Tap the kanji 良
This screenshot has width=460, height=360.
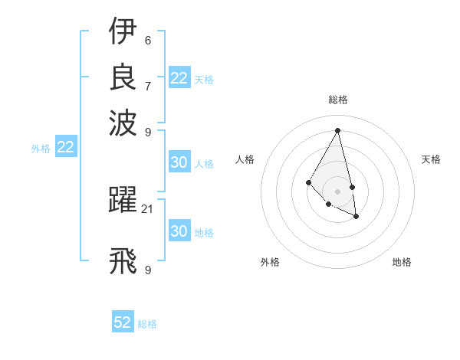click(x=123, y=77)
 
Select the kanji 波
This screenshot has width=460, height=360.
click(x=123, y=122)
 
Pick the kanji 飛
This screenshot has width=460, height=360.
click(x=123, y=260)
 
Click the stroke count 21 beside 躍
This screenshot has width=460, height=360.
click(x=148, y=208)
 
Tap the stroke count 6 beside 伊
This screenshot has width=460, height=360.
click(x=147, y=40)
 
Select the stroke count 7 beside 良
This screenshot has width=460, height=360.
click(x=147, y=86)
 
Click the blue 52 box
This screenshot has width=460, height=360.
click(x=123, y=322)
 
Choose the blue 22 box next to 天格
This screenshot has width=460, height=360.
click(x=179, y=78)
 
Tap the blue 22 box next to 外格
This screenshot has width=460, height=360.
click(x=65, y=147)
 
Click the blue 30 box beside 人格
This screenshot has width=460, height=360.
click(x=179, y=162)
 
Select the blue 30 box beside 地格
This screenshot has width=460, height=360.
click(x=179, y=231)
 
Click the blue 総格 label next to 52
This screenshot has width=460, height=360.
click(x=147, y=324)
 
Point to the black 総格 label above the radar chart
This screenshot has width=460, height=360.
click(x=337, y=100)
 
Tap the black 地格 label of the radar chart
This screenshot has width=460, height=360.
click(x=402, y=262)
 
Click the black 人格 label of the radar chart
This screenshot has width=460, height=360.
click(x=245, y=159)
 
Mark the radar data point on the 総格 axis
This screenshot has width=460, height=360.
click(x=337, y=130)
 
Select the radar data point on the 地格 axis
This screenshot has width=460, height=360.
click(x=356, y=218)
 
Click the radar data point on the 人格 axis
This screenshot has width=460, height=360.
click(x=308, y=182)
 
